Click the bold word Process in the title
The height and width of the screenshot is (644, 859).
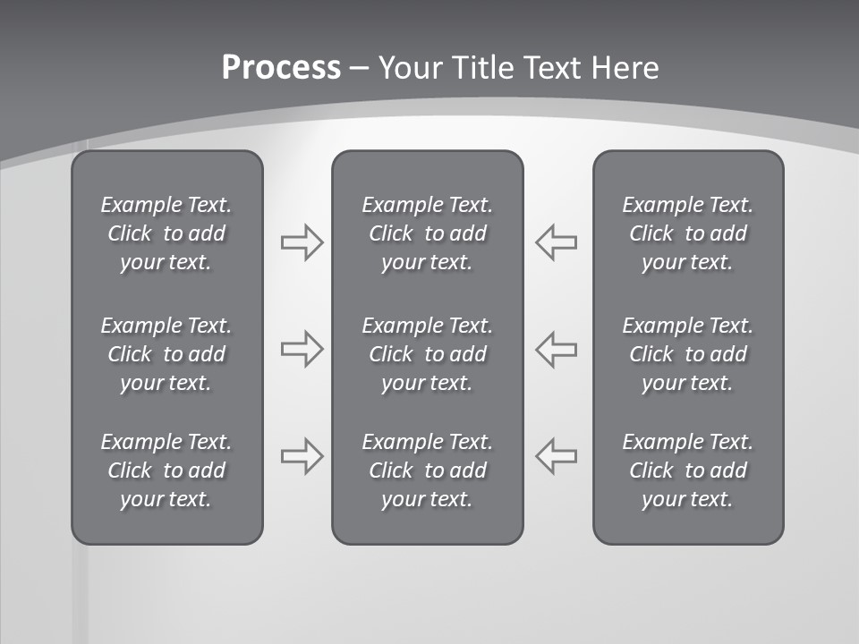coord(281,68)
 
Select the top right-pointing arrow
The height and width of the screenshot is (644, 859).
coord(302,242)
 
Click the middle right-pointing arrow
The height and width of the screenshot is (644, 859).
coord(302,349)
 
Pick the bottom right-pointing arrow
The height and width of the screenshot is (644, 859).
coord(302,456)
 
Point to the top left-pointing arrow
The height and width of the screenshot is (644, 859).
coord(556,242)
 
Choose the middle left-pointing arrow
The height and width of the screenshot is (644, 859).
coord(556,349)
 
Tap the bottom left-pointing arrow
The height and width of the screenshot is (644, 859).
coord(556,456)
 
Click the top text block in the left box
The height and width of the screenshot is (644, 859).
coord(166,233)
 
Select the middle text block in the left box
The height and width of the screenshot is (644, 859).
coord(166,354)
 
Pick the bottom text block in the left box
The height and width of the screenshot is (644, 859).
coord(166,470)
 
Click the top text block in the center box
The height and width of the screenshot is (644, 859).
coord(427,233)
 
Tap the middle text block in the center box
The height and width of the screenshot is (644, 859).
coord(427,354)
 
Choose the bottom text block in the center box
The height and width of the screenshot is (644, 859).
coord(427,470)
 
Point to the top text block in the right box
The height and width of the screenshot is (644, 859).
coord(687,233)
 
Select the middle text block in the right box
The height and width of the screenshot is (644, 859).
coord(687,354)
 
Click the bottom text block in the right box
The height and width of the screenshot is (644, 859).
coord(687,470)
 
